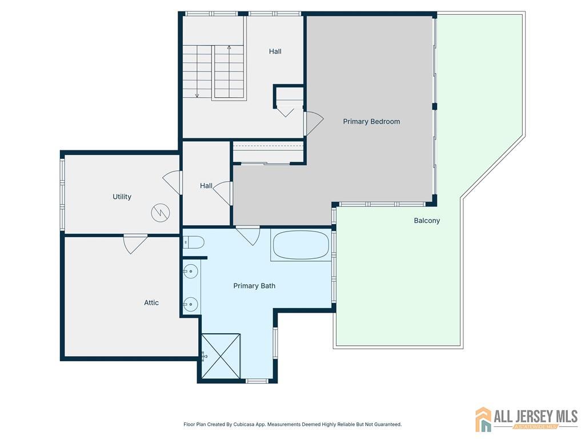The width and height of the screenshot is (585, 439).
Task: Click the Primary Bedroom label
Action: (x=371, y=121)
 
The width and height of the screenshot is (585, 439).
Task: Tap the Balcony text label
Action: (x=427, y=221)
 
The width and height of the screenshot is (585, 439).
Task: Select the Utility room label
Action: (x=122, y=197)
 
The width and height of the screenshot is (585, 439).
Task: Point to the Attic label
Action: (x=151, y=303)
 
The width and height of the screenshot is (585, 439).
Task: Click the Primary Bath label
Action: (x=254, y=286)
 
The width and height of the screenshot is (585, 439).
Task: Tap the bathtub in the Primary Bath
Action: (x=301, y=245)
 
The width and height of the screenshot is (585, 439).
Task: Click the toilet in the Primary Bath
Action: (x=194, y=242)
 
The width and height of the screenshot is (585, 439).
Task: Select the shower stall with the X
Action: (x=221, y=356)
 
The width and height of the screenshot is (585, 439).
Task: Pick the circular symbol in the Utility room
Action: (x=161, y=213)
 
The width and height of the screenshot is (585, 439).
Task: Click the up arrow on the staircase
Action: (x=229, y=71)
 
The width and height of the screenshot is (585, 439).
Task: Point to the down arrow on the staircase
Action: (x=197, y=71)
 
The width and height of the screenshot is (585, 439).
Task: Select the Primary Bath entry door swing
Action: (x=249, y=235)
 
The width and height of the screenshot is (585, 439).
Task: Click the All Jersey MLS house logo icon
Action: (x=483, y=419)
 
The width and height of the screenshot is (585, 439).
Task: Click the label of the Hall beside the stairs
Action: (x=275, y=51)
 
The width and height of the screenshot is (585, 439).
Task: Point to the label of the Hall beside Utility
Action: (x=206, y=186)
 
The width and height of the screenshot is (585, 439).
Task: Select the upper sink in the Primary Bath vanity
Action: (x=191, y=272)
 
